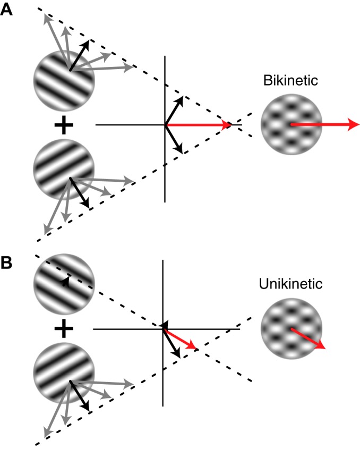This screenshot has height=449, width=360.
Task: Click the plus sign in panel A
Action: [64, 125]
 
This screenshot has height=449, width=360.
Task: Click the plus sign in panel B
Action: [64, 330]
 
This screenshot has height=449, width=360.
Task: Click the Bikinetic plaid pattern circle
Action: [292, 125]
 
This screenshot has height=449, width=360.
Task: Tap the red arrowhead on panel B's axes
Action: [194, 348]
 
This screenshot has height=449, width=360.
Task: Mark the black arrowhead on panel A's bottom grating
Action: [85, 205]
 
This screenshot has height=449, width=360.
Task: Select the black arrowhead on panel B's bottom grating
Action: [85, 406]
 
